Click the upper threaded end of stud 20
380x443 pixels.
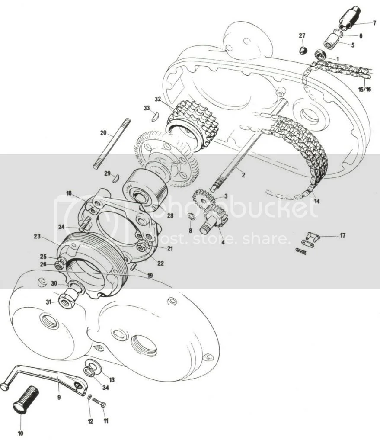[128, 122]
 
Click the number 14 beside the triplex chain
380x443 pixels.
[317, 201]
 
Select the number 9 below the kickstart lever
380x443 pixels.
[59, 397]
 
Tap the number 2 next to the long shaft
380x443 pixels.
[243, 175]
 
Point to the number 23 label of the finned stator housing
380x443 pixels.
[37, 236]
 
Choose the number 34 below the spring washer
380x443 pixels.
[105, 387]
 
